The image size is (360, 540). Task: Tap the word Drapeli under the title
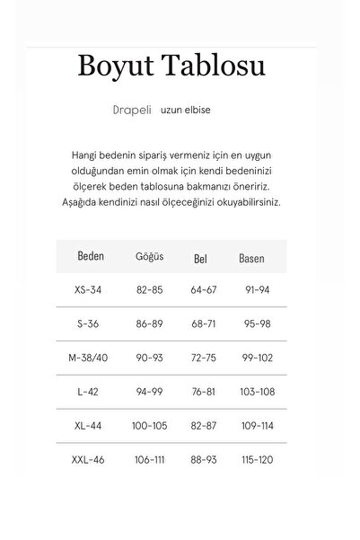[133, 110]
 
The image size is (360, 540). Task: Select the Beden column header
[91, 256]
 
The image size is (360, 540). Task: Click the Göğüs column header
[148, 257]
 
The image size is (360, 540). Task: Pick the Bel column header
[201, 258]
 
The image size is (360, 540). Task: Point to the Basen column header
[251, 258]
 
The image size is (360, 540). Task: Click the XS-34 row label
[91, 290]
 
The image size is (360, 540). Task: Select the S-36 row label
[91, 321]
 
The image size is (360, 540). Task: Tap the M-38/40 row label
[91, 358]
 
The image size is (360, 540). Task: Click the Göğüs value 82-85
[149, 290]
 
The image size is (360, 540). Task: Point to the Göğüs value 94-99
[149, 392]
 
